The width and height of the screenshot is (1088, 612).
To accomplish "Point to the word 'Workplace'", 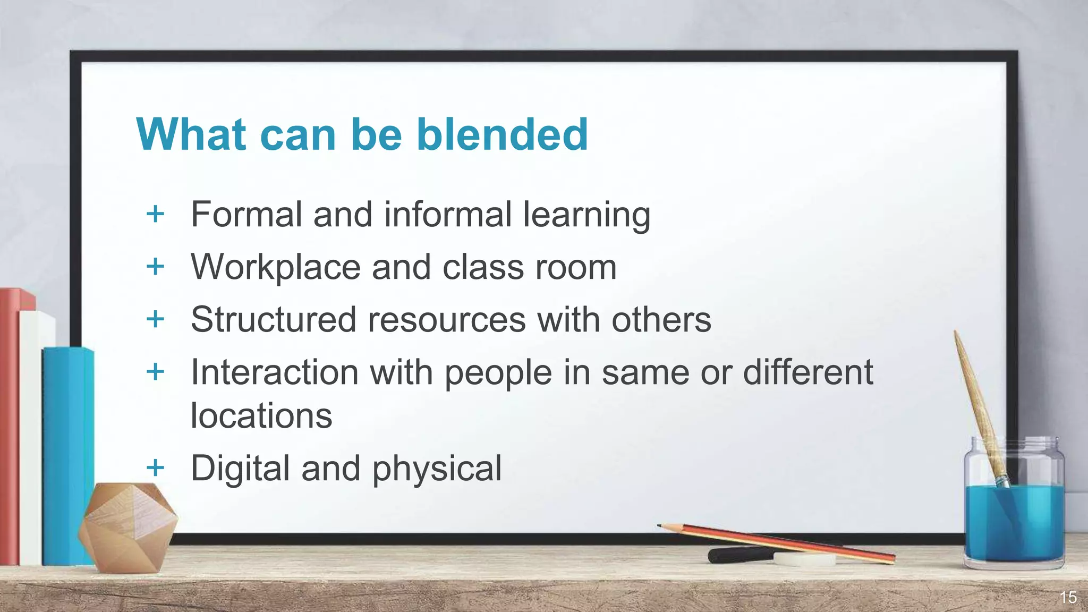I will tap(275, 267).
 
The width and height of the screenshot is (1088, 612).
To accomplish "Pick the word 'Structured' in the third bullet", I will tap(273, 320).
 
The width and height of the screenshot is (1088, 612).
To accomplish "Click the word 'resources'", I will tap(446, 320).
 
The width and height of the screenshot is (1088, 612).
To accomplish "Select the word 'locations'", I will tap(261, 415).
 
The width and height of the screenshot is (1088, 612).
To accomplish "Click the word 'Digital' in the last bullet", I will tap(240, 469).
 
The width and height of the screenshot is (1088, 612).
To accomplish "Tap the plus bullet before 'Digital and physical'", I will tap(155, 468).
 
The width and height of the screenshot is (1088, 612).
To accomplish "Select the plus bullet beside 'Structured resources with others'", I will tap(155, 319).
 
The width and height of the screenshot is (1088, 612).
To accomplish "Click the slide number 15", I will tap(1068, 598).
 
